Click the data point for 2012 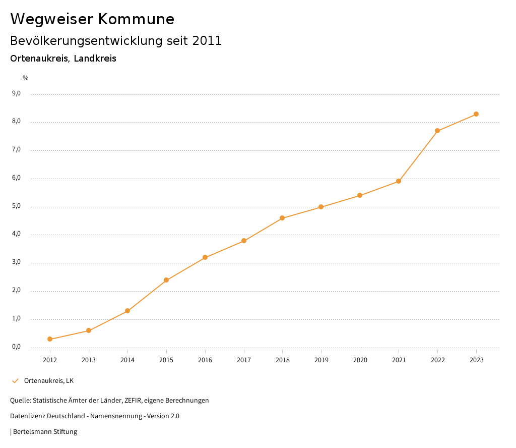[50, 339]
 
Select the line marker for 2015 [166, 280]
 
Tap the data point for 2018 [282, 218]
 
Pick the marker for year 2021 [399, 181]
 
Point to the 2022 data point [437, 131]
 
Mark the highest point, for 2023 [476, 114]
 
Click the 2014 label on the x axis [127, 360]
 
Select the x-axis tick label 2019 [321, 360]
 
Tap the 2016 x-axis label [205, 360]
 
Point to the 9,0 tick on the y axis [16, 93]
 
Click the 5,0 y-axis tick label [16, 206]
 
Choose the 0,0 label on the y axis [16, 347]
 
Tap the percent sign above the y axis [26, 78]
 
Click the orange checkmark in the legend [15, 380]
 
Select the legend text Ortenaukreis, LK [49, 380]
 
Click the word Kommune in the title [136, 19]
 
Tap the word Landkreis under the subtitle [95, 59]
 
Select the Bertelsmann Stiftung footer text [45, 431]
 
